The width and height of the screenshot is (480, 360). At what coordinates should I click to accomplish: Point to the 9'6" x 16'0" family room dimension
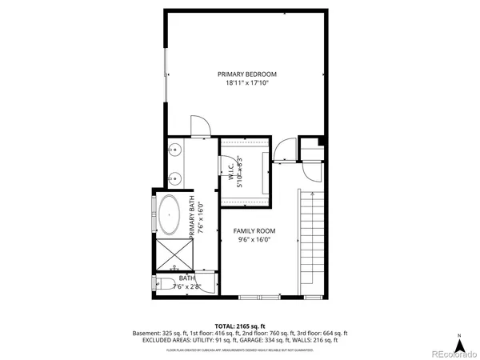click(254, 238)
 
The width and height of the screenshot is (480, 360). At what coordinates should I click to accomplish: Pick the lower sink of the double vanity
click(174, 178)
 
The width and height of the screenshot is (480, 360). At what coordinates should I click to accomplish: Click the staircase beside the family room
click(312, 244)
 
